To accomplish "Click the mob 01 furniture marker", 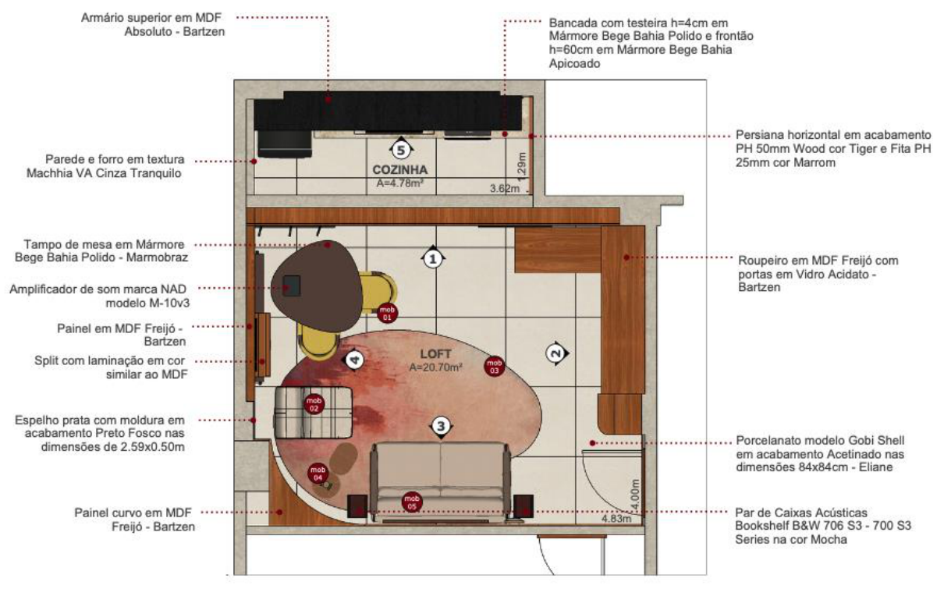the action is click(x=387, y=313).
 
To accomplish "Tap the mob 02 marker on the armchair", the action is click(x=314, y=404).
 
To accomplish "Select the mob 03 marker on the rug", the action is click(x=495, y=367).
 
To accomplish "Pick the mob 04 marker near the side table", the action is click(x=318, y=474).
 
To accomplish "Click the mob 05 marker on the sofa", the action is click(x=412, y=502).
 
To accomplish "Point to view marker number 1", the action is click(x=433, y=258).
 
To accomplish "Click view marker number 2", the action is click(x=556, y=353).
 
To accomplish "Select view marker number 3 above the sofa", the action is click(x=441, y=427).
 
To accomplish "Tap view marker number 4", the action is click(x=353, y=360).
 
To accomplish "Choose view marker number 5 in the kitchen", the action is click(x=401, y=149).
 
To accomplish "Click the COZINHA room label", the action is click(x=400, y=170).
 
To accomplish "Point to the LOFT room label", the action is click(x=436, y=354).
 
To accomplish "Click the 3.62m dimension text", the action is click(x=505, y=188).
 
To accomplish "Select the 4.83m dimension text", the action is click(x=616, y=518).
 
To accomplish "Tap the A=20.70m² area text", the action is click(x=436, y=367).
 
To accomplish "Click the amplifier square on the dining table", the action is click(x=291, y=286).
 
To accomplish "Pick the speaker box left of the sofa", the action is click(x=357, y=506).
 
